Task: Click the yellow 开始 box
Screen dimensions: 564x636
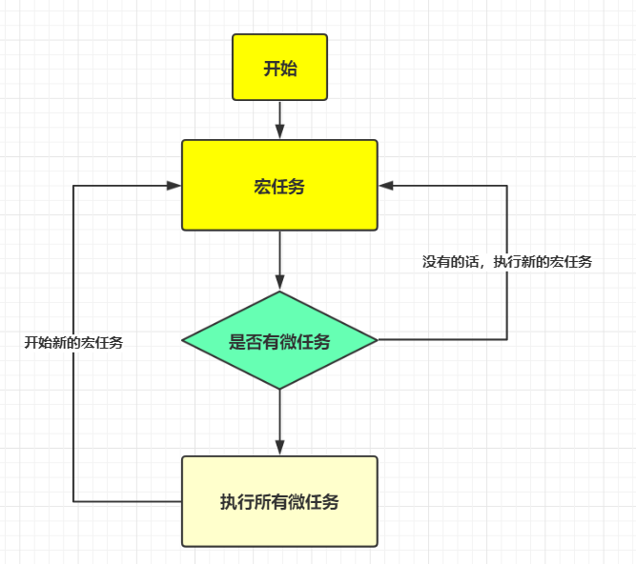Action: pos(279,67)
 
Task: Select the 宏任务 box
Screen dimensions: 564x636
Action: pos(279,185)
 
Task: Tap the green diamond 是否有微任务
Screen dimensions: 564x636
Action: pos(279,340)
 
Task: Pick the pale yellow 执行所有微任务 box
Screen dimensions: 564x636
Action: pos(279,501)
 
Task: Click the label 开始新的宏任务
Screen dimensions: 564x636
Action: pos(73,343)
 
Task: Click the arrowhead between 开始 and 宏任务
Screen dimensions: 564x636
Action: pos(279,132)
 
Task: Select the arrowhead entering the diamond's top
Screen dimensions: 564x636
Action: pos(279,283)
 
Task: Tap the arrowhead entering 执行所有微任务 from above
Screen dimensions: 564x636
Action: pos(279,448)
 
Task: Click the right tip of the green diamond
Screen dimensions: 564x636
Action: pos(377,339)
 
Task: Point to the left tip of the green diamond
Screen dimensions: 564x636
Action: pos(183,340)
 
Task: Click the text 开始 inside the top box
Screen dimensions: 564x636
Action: pos(279,68)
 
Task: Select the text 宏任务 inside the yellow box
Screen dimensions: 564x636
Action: pos(279,187)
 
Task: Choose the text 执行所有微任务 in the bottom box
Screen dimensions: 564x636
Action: pos(279,502)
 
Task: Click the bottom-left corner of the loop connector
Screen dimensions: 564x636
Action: pos(73,501)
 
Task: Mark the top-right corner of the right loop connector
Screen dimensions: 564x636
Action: pos(506,185)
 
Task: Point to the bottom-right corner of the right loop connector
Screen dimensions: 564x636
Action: pos(506,339)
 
